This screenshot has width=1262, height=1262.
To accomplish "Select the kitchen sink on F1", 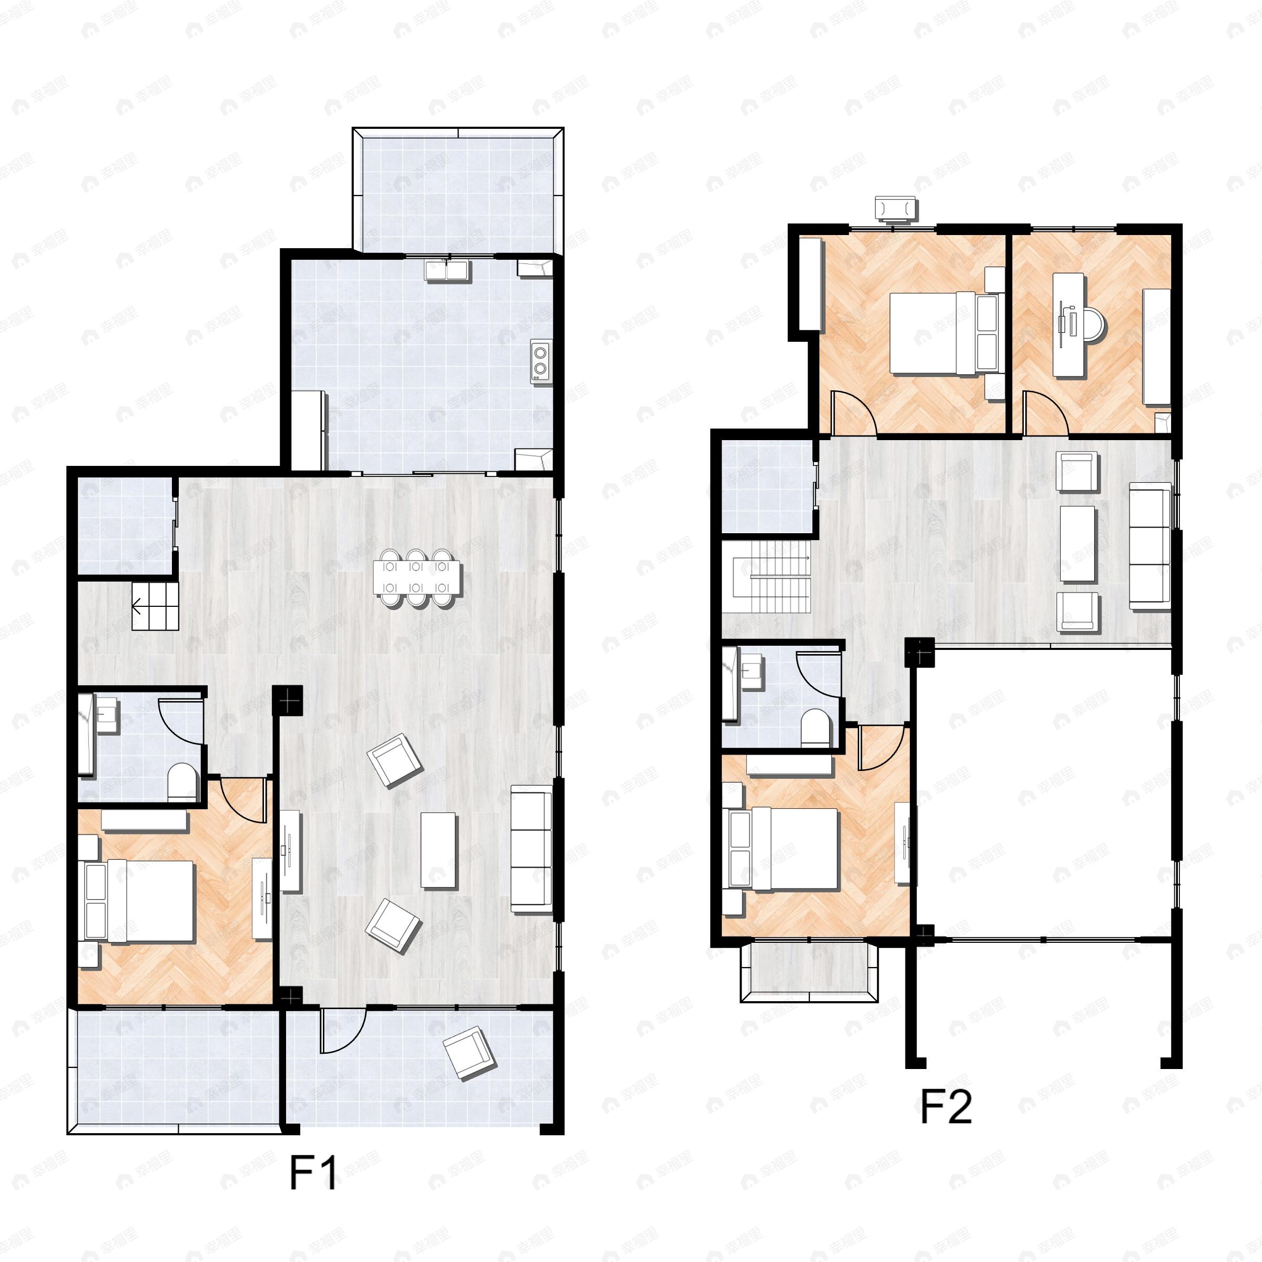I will coord(447,270).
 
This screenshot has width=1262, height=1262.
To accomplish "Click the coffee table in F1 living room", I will coord(439,850).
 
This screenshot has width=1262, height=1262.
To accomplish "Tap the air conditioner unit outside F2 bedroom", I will coord(896,209).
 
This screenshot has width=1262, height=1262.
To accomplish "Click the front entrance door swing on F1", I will coord(342,1031).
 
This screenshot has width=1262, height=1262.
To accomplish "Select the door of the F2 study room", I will coord(1044,413).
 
